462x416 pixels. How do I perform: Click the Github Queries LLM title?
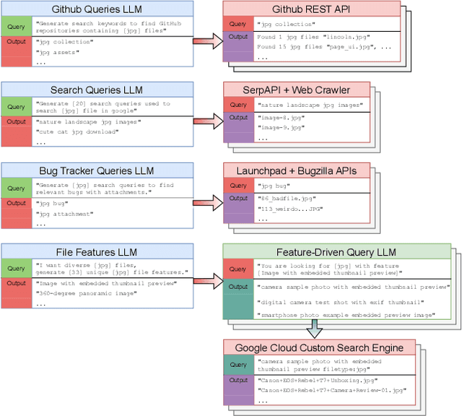point(97,9)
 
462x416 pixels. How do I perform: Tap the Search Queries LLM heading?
point(97,90)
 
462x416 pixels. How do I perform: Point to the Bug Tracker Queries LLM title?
point(97,171)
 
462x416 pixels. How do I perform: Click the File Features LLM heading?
point(97,252)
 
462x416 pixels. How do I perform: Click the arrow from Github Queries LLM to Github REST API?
point(207,40)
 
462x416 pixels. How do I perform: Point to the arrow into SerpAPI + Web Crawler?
point(207,119)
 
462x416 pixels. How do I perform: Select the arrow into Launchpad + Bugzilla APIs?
point(207,201)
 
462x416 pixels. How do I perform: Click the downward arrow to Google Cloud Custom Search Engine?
point(312,329)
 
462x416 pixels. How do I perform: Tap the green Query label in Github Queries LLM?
point(16,26)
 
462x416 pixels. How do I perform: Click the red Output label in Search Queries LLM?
point(16,121)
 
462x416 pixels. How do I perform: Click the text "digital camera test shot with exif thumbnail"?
point(340,302)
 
